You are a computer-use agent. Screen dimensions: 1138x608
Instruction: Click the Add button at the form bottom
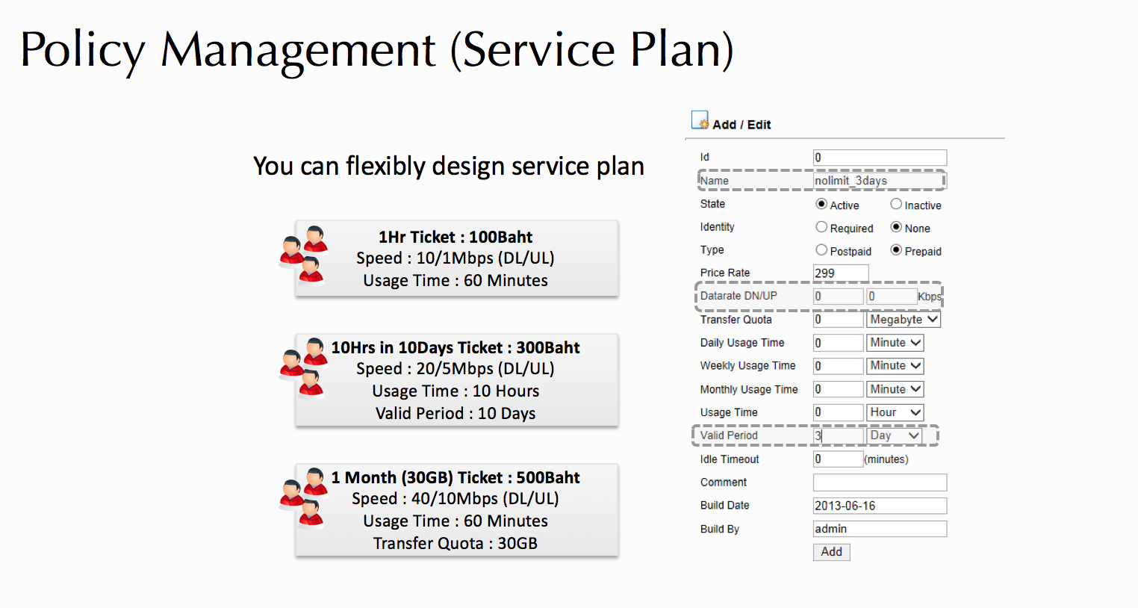831,551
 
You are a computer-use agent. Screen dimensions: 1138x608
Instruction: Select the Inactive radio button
896,204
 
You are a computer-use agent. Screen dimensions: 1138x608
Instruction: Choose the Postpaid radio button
821,250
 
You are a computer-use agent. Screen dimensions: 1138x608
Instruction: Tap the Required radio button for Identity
821,227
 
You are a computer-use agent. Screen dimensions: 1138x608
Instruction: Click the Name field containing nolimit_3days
879,181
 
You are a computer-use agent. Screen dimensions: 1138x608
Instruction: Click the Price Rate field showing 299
841,273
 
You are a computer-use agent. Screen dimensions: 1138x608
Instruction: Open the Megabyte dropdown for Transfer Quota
904,319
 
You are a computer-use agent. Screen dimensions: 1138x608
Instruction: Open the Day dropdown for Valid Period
894,435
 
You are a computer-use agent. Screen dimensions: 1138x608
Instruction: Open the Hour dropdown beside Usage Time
895,412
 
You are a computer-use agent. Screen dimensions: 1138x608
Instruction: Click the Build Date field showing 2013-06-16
880,506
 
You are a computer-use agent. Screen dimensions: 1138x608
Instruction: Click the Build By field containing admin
880,529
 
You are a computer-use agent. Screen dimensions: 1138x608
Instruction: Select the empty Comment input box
880,483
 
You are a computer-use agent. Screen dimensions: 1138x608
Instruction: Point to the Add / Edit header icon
700,120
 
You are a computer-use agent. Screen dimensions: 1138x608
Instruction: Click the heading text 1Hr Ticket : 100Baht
455,237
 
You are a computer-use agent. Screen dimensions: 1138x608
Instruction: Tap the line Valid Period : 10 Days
455,413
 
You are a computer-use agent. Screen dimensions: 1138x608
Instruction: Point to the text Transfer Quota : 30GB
455,544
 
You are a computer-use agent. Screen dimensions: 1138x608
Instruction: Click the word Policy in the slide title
83,51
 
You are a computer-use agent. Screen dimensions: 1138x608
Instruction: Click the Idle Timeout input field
839,459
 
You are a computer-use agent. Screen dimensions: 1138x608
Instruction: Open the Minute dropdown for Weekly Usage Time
895,365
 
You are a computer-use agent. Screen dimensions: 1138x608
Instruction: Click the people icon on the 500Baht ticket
304,498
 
